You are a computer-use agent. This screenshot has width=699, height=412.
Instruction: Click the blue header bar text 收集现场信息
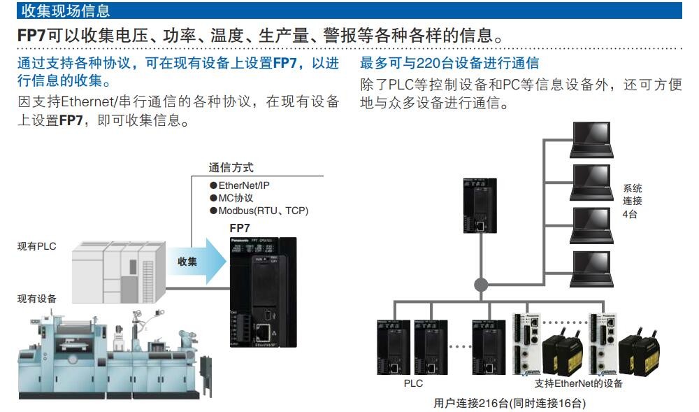pos(66,10)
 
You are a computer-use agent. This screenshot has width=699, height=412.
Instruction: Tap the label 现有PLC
pos(36,246)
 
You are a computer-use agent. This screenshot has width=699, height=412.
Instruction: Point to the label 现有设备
pos(36,299)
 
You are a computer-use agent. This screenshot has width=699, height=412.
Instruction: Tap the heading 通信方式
pos(231,168)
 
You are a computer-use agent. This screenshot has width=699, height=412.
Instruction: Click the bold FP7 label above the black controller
pos(240,228)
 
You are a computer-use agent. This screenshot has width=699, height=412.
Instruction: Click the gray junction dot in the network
pos(480,285)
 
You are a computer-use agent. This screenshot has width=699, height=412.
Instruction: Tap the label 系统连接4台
pos(632,201)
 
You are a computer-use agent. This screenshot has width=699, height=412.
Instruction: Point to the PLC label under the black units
pos(414,383)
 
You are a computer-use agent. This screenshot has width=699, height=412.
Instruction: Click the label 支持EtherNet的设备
pos(578,383)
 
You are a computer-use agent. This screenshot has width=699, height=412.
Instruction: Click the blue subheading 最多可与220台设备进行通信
pos(449,64)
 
